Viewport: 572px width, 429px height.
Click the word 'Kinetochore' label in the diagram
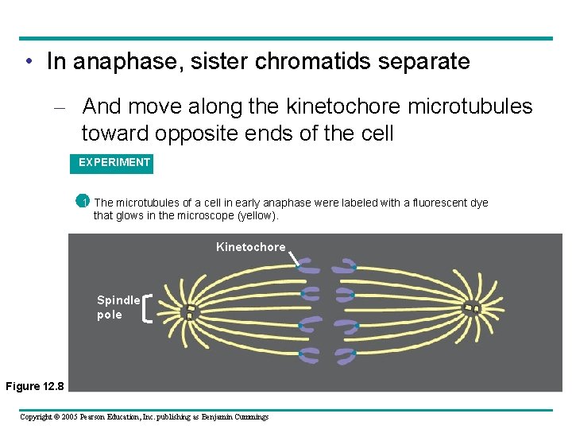(250, 247)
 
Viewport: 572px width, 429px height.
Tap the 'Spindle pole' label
(118, 307)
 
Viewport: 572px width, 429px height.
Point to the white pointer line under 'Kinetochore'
(293, 259)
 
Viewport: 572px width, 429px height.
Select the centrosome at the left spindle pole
(189, 311)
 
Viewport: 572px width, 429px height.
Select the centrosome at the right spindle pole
(473, 307)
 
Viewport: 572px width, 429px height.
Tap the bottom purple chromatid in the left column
(308, 355)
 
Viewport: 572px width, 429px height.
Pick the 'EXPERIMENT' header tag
(114, 163)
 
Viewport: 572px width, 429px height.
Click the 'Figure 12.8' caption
(33, 386)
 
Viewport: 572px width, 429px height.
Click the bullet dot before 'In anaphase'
(29, 62)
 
